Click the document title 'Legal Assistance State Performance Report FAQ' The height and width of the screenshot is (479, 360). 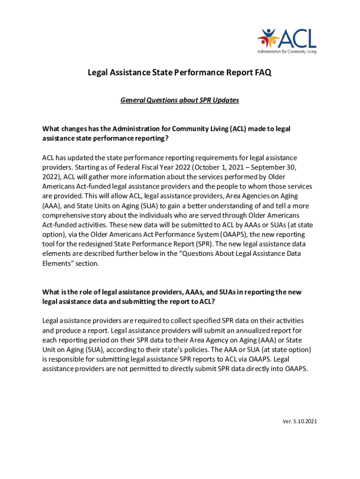click(180, 73)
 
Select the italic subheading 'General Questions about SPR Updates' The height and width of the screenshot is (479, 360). click(180, 100)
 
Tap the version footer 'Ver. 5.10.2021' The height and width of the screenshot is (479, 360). click(300, 421)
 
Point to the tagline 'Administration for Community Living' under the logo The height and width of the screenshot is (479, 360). click(287, 51)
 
